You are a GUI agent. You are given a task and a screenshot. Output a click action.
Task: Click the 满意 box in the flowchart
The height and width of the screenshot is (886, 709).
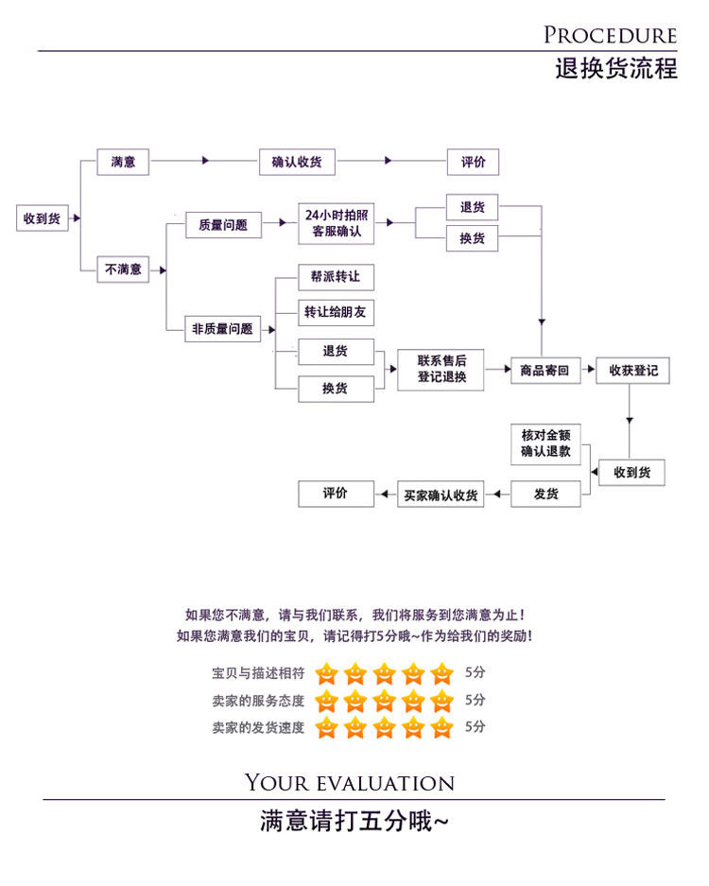pos(123,162)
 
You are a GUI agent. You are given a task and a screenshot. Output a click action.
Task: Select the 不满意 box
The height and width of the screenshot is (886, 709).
pos(123,269)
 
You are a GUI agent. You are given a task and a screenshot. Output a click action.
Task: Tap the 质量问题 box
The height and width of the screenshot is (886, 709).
pos(222,225)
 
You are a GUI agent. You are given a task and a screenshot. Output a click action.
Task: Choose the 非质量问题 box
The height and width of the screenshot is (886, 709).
pos(222,329)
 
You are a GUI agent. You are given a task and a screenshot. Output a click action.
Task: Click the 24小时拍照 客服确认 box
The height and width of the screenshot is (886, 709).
pos(336,224)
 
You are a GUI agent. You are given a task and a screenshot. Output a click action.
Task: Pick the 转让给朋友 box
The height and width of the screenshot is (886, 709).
pos(335,311)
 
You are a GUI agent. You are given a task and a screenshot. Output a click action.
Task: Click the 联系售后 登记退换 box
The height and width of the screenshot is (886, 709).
pos(441,369)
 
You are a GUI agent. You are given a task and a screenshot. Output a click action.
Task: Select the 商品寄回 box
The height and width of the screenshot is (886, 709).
pos(545,371)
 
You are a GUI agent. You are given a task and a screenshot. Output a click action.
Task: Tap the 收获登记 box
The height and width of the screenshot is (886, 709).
pos(632,371)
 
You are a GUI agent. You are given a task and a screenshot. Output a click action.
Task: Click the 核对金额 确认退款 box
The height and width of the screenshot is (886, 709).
pos(545,444)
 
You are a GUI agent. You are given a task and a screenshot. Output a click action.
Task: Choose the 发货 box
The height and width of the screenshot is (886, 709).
pos(545,495)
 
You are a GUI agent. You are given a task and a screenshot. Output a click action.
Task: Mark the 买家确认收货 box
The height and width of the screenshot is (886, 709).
pos(441,495)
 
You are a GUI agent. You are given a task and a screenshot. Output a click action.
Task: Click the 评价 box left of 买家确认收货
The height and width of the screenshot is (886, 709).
pos(335,494)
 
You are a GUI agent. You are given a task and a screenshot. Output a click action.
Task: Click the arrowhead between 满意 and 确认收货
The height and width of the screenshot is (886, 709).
pos(206,162)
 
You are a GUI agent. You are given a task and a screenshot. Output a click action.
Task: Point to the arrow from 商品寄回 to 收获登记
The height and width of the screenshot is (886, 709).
pos(588,371)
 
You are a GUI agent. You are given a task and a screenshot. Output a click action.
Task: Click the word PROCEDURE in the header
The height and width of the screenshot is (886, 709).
pos(610,36)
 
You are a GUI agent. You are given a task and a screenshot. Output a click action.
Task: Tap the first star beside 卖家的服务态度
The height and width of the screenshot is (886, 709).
pos(326,701)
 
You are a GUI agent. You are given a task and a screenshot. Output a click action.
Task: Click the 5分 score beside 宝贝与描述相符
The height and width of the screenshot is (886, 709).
pos(475,673)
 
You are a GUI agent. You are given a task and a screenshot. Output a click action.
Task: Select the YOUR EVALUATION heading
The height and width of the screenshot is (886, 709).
pos(350,783)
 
